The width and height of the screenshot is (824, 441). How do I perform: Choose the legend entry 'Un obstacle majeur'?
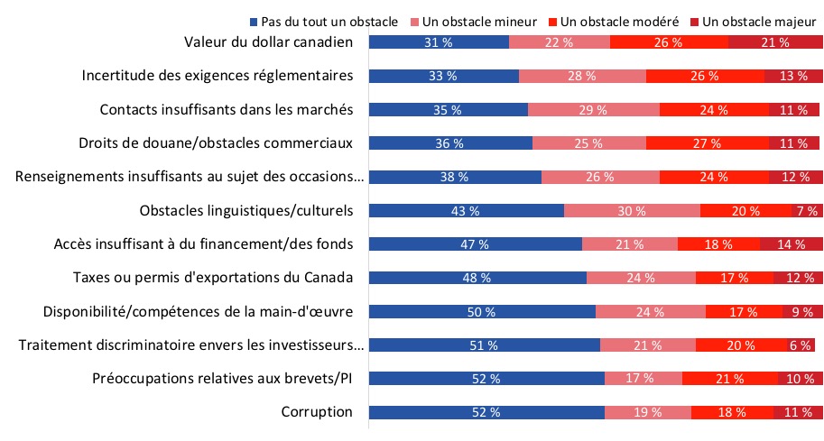coord(756,20)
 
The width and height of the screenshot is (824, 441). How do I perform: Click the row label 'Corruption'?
coord(316,412)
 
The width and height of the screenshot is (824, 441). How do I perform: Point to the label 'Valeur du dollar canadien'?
coord(268,42)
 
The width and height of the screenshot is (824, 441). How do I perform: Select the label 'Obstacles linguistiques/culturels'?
coord(246,210)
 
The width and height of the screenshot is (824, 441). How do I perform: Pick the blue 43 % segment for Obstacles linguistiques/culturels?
coord(467,210)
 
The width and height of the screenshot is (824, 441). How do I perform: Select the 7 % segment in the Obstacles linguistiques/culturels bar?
coord(806,210)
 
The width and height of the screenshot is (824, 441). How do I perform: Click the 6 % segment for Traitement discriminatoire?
coord(800,345)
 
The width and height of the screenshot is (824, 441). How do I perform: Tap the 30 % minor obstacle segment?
coord(632,210)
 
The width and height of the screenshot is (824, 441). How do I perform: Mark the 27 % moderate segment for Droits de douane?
coord(707,142)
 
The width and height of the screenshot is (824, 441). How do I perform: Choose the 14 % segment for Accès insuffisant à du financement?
coord(791,243)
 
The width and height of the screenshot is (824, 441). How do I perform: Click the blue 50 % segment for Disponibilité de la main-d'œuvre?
coord(482,311)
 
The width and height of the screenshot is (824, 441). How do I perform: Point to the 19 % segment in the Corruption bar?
coord(647,412)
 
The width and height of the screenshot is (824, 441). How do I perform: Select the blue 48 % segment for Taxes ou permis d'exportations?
coord(477,278)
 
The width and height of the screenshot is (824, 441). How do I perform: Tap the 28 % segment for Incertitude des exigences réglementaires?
coord(582,76)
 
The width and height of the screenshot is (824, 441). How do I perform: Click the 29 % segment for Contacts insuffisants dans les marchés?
coord(593,109)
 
